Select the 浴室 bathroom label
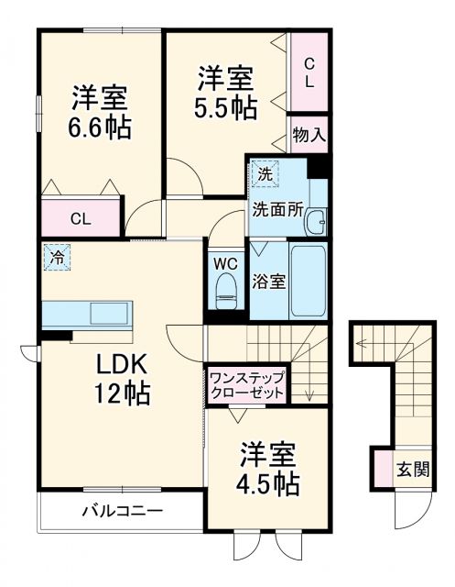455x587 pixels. point(268,282)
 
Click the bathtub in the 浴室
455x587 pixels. point(308,280)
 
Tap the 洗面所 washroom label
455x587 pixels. point(276,208)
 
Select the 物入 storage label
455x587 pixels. point(309,135)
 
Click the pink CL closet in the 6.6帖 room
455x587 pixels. point(81,218)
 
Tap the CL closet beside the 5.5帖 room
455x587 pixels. point(309,72)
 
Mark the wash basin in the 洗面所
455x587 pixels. point(317,221)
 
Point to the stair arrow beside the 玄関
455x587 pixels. point(366,345)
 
